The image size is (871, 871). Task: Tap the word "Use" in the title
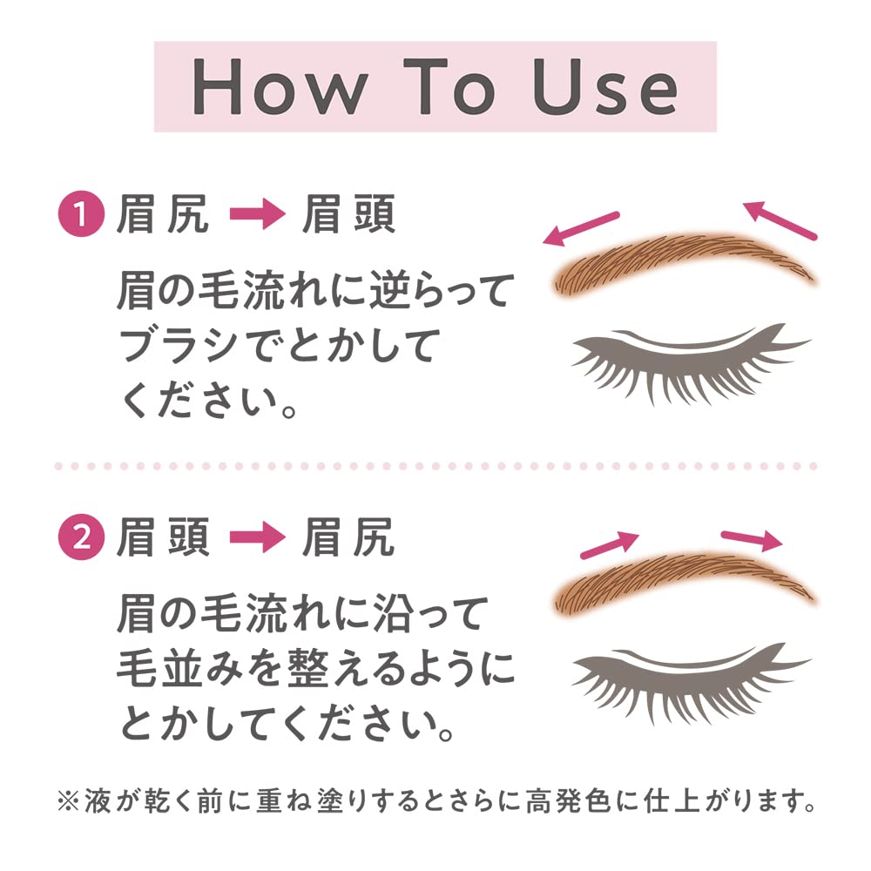(607, 87)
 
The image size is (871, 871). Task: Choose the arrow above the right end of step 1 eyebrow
(780, 219)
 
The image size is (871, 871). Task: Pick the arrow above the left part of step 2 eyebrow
(610, 544)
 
